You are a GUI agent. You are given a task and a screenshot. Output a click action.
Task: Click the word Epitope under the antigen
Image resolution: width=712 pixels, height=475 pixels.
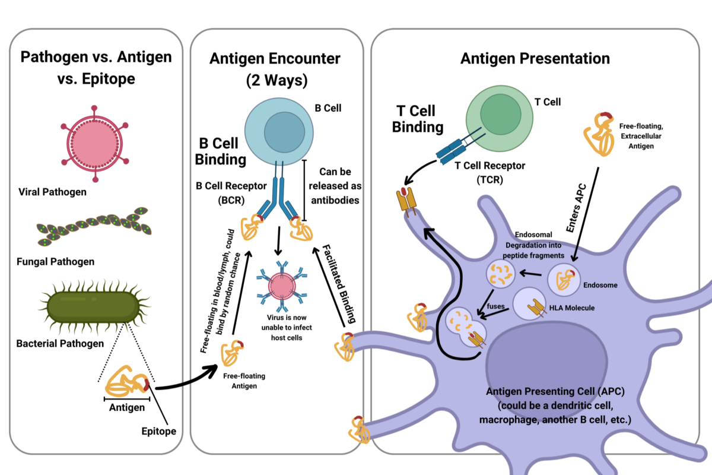pos(160,431)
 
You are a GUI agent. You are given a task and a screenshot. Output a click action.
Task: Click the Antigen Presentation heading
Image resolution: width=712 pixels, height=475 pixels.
pos(535,59)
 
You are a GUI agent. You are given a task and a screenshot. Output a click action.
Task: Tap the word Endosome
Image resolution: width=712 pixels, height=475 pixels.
pos(600,285)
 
